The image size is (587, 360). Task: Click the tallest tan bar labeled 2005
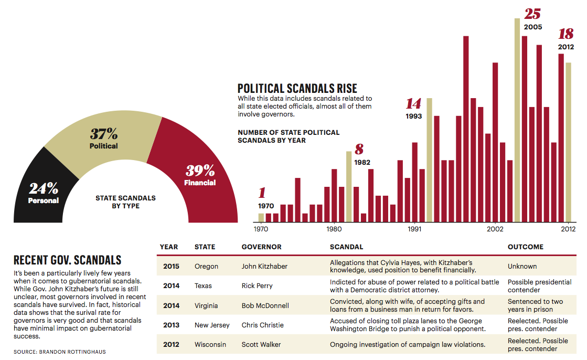[x=517, y=121]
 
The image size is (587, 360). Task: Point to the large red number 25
[x=532, y=14]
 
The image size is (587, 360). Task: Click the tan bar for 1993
[x=429, y=157]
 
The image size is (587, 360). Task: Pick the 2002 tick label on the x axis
[x=495, y=229]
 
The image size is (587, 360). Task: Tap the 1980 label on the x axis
[x=334, y=229]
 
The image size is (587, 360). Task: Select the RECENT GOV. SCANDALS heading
[x=67, y=260]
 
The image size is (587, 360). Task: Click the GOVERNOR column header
[x=261, y=247]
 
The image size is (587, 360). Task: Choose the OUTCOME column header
[x=525, y=247]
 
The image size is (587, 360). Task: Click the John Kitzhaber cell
[x=264, y=266]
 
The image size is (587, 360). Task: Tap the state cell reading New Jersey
[x=212, y=325]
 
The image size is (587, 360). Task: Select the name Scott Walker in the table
[x=261, y=345]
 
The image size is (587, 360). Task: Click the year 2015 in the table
[x=171, y=266]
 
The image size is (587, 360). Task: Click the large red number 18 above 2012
[x=565, y=34]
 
